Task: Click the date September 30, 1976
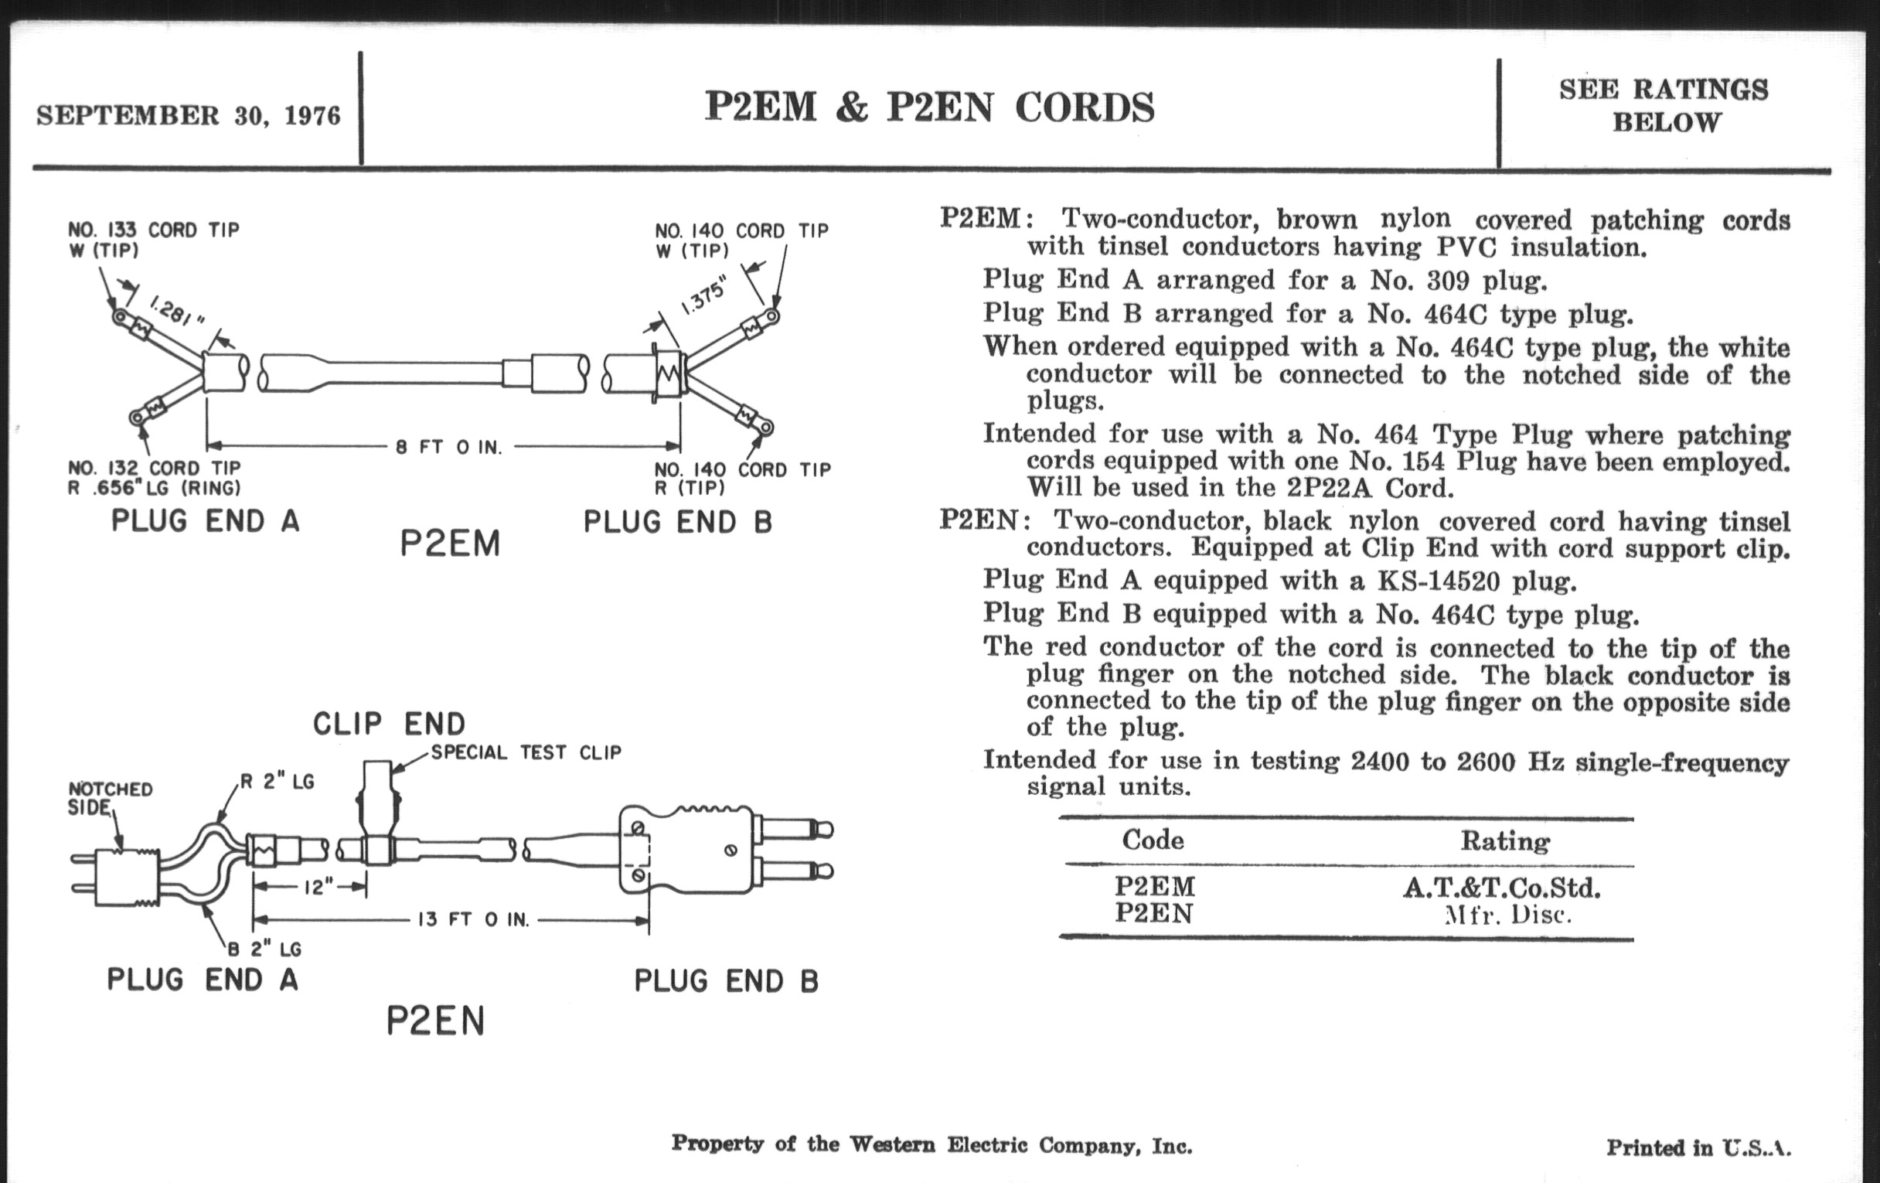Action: [x=188, y=115]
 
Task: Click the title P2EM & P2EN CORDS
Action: [x=929, y=107]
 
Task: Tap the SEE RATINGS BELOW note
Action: [x=1664, y=105]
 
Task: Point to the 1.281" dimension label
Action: [x=175, y=312]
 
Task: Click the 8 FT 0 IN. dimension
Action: [x=449, y=448]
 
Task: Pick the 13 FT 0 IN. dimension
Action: [x=474, y=920]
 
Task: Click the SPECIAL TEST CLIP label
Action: [x=526, y=753]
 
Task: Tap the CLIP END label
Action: [x=389, y=724]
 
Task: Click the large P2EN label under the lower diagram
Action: [x=436, y=1021]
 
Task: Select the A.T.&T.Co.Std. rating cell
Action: [x=1501, y=888]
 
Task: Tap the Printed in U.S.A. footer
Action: [x=1698, y=1147]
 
